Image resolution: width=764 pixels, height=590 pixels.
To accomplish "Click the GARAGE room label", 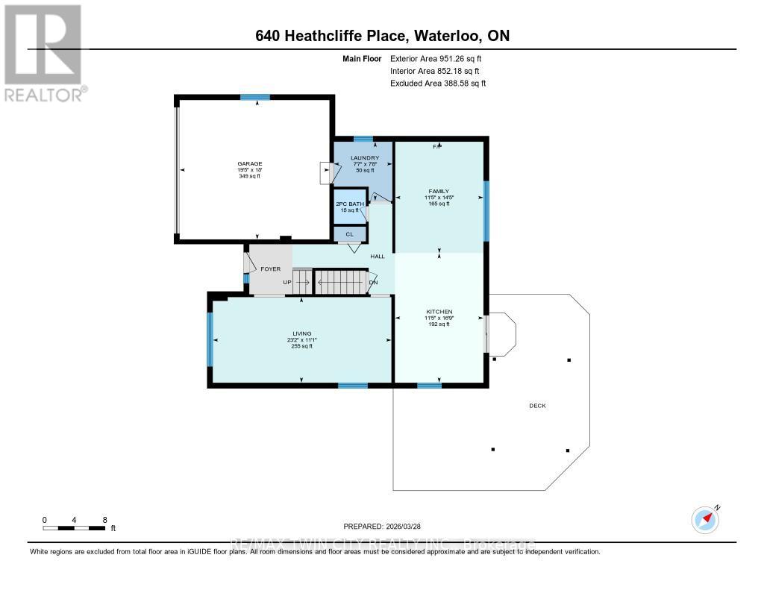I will [x=250, y=163].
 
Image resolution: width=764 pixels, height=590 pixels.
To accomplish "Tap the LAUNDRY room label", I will [x=365, y=158].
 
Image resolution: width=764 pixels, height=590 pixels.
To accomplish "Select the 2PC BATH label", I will [x=349, y=204].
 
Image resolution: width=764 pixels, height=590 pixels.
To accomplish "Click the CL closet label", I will [x=348, y=234].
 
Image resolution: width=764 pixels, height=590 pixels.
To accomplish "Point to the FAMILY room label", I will [x=439, y=191].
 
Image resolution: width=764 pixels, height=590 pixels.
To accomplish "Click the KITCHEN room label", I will [x=439, y=311].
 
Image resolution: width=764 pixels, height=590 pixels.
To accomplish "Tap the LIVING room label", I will [x=301, y=333].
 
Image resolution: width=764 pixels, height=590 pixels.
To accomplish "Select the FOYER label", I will [x=270, y=269].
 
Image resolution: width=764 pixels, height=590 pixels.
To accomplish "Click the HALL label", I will [x=378, y=257].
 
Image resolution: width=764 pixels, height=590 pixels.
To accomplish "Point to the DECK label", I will [x=537, y=406].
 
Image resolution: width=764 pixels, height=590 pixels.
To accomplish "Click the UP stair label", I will [x=287, y=282].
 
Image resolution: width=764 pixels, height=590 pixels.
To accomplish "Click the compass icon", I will [x=705, y=519].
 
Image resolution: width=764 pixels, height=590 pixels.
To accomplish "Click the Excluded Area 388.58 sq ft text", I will [x=438, y=84].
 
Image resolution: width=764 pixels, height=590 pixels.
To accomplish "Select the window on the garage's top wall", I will [x=254, y=97].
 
